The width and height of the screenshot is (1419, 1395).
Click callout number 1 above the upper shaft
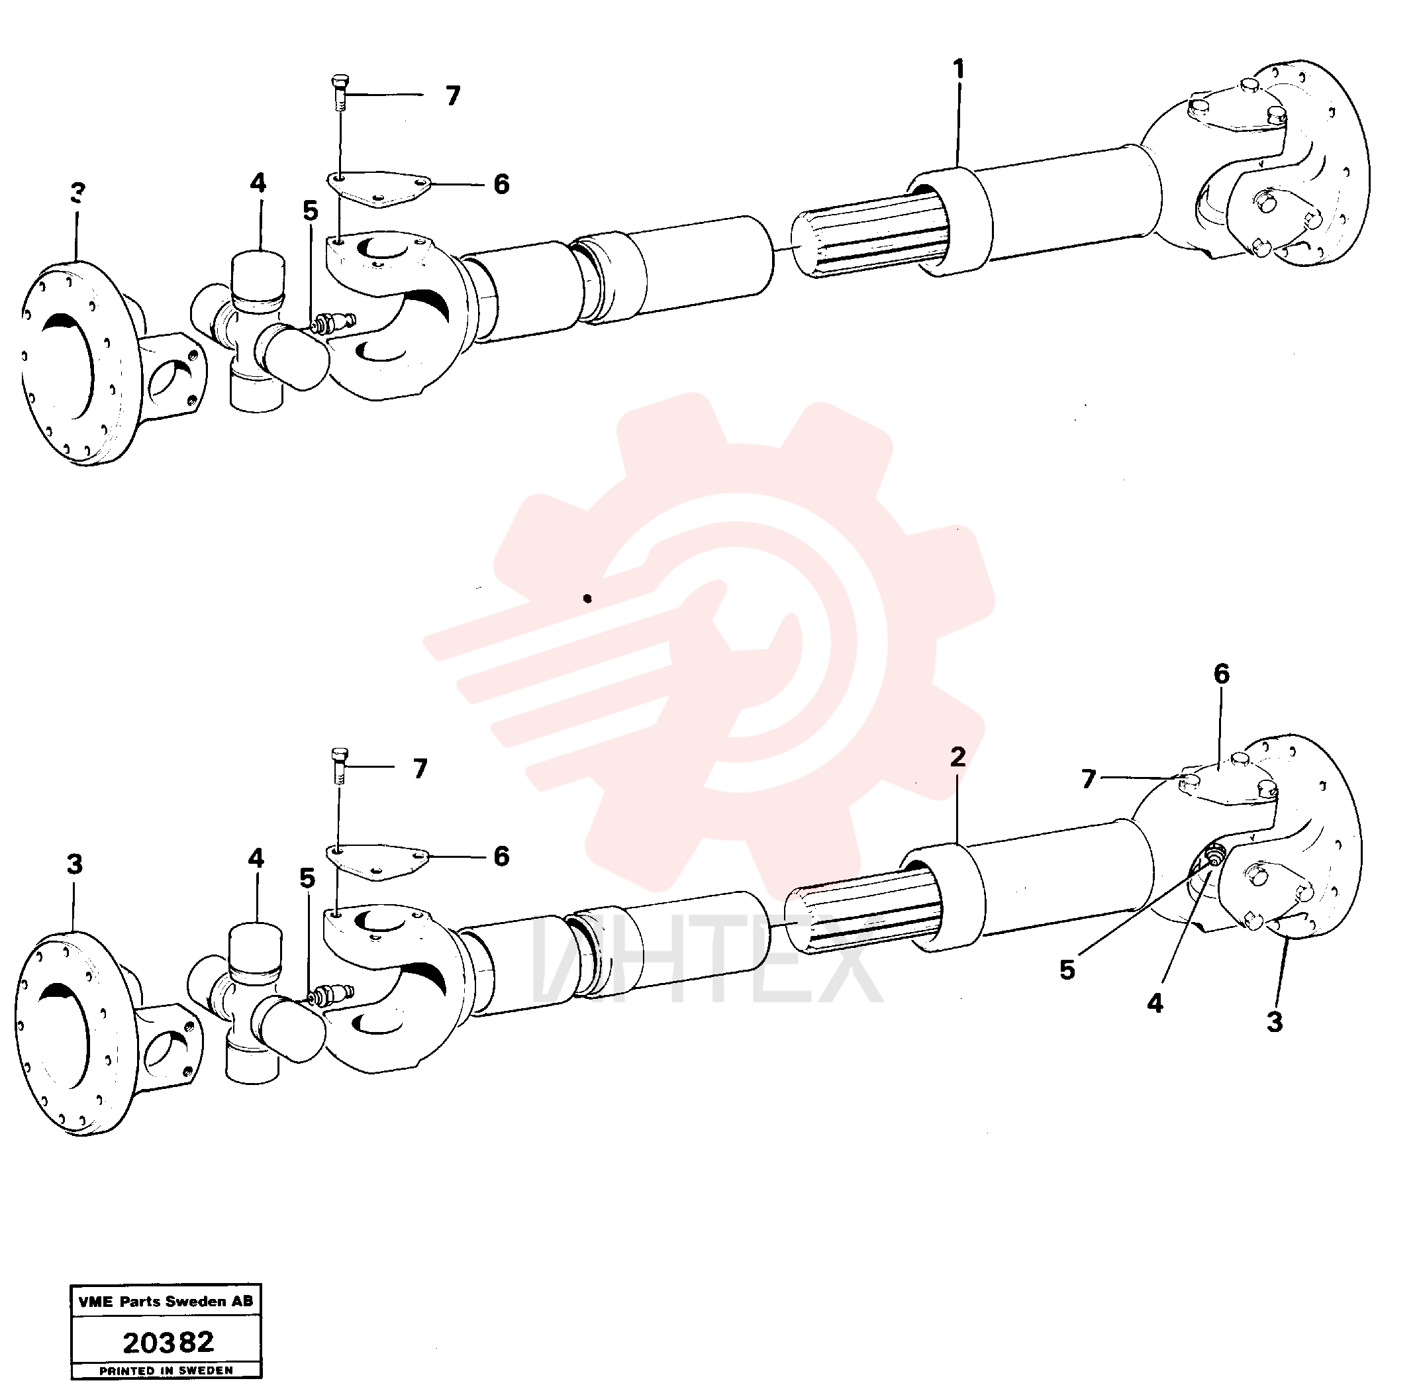click(958, 70)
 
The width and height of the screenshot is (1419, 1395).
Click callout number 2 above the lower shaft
click(957, 758)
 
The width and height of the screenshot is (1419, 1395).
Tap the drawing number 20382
click(168, 1342)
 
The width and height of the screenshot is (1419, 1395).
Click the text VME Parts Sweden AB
click(166, 1301)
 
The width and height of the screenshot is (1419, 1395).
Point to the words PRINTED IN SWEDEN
click(166, 1370)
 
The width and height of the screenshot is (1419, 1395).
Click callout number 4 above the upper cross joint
click(258, 183)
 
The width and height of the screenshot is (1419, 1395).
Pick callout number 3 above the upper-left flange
click(77, 193)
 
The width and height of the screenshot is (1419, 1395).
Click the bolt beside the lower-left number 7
click(339, 765)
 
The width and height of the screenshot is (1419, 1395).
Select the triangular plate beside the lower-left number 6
click(377, 861)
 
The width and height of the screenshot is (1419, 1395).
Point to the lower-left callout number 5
click(308, 878)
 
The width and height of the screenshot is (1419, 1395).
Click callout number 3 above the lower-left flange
click(75, 864)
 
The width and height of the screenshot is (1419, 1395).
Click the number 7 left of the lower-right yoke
click(1089, 779)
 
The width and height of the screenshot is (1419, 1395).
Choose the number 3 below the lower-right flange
click(1275, 1022)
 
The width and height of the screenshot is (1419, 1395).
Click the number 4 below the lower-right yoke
click(1155, 1003)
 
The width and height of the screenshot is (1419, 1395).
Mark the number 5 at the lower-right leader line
click(1067, 969)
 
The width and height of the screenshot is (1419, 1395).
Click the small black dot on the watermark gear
click(587, 599)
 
